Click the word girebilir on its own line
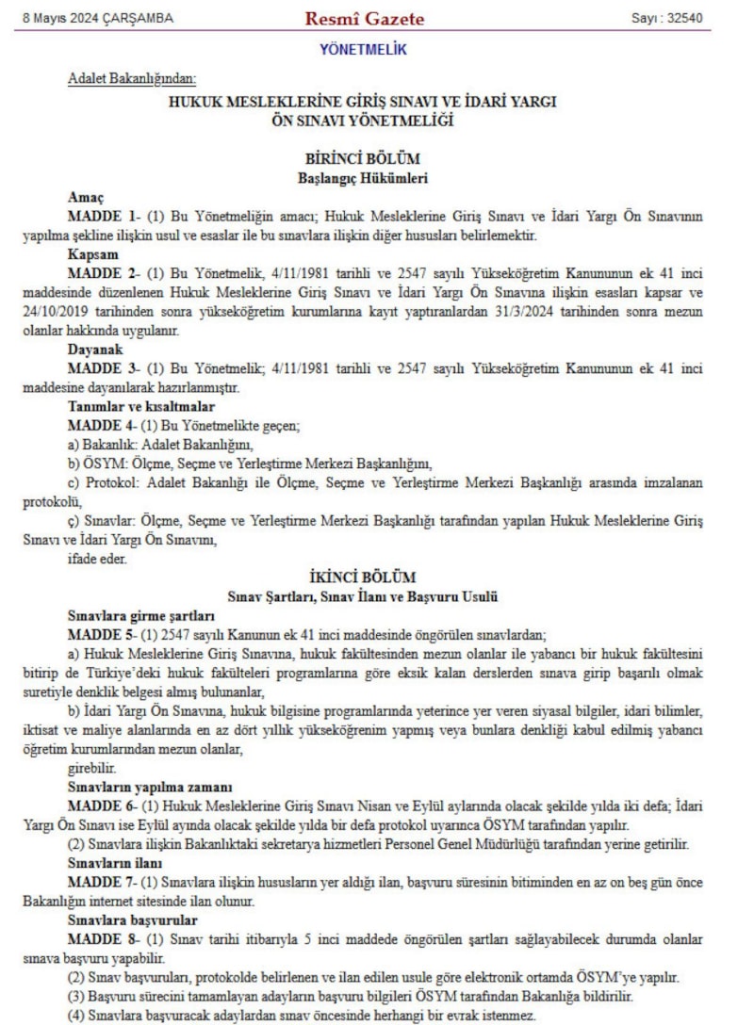(x=90, y=767)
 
